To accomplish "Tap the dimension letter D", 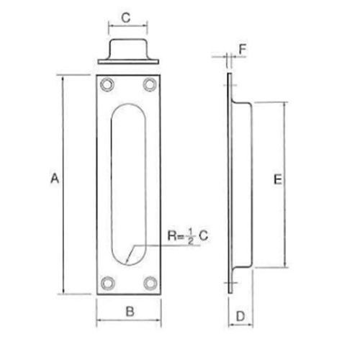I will [240, 315].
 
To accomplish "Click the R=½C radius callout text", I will [186, 235].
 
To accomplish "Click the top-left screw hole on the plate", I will [107, 84].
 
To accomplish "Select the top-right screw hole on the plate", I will [150, 84].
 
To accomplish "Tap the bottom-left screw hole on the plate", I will [107, 283].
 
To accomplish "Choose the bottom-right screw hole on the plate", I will [150, 283].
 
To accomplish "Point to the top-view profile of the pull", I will [129, 53].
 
